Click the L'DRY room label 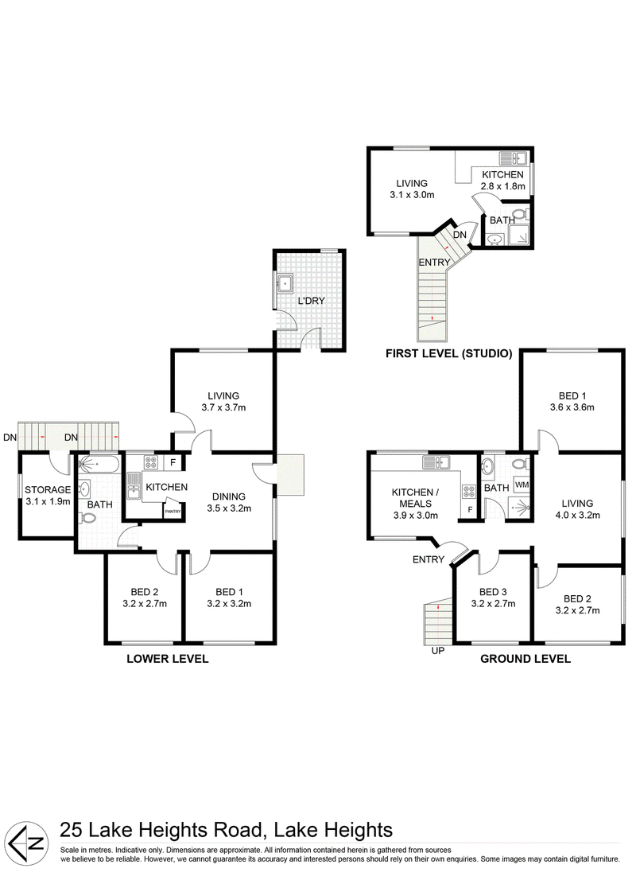click(311, 301)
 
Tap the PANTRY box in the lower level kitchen click(173, 512)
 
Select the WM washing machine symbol click(522, 485)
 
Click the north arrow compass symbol click(29, 843)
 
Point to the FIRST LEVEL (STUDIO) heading click(448, 353)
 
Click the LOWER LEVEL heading click(167, 659)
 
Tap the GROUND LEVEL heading click(525, 659)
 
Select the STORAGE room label click(48, 490)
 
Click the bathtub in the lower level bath click(99, 464)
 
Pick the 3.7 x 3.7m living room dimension click(223, 407)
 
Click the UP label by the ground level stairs click(437, 651)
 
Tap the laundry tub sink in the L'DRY click(285, 283)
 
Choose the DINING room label click(229, 496)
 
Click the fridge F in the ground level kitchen click(469, 510)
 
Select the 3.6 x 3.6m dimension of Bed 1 click(572, 407)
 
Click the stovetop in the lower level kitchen click(151, 462)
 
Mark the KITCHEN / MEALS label click(415, 498)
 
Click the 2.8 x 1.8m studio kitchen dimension click(503, 186)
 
